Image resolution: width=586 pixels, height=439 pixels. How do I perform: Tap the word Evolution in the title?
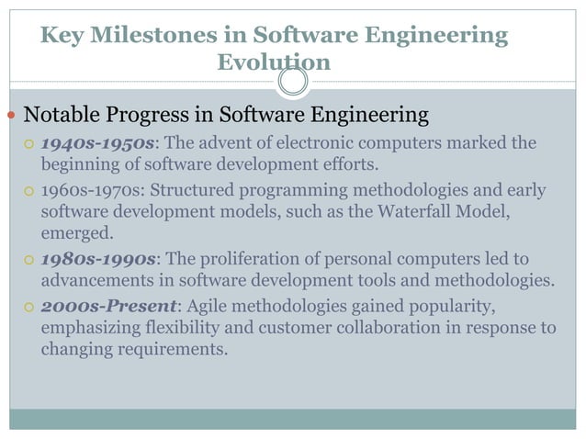coord(274,62)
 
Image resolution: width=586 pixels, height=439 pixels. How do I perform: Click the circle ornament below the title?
coord(292,84)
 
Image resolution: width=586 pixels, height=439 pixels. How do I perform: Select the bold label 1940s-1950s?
coord(94,145)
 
